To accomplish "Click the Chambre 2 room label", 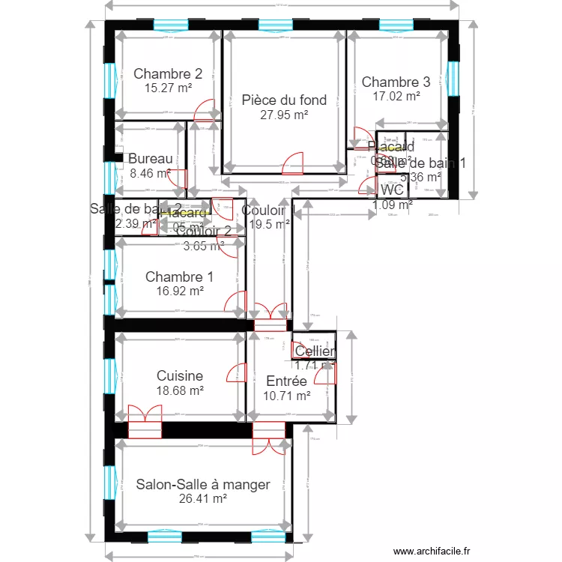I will coord(168,73).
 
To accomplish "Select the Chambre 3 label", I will coord(396,82).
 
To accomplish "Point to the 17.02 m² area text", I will coord(396,96).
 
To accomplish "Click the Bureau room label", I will coord(150,159).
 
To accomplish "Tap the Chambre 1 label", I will coord(179,277).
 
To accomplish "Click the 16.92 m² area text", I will coord(179,291).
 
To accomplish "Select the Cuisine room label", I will coord(180,376).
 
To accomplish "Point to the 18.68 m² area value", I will coord(180,390).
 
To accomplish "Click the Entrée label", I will coord(286,381).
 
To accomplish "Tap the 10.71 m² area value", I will coord(286,396).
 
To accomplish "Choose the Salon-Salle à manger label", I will coord(203,485).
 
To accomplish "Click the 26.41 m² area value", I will coord(203,499).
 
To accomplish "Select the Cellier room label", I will coord(315,351).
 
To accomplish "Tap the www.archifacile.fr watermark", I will coord(429,550).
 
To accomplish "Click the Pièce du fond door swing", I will coord(293,163).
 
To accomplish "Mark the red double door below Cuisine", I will coord(144,421).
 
